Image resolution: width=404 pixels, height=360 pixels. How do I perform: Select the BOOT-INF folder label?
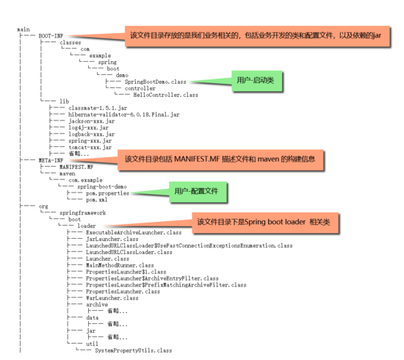pyautogui.click(x=52, y=35)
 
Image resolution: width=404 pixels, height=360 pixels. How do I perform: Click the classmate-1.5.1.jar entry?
pyautogui.click(x=93, y=108)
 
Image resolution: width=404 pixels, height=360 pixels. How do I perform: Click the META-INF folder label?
pyautogui.click(x=52, y=159)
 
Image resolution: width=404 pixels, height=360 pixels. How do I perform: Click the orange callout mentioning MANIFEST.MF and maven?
pyautogui.click(x=220, y=159)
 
